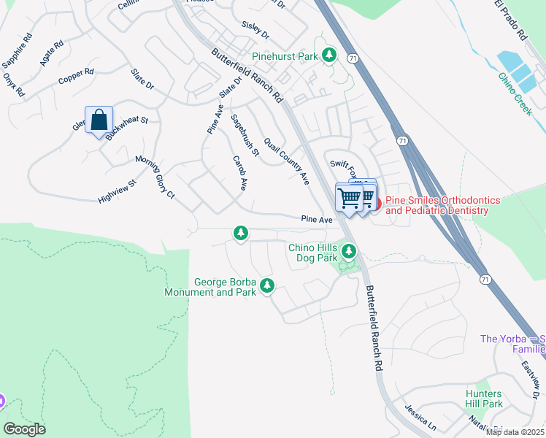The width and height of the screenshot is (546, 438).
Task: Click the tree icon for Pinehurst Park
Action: pyautogui.click(x=329, y=55)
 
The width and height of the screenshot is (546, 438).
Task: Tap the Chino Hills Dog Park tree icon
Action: pyautogui.click(x=350, y=252)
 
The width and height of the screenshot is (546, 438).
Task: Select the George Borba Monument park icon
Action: pyautogui.click(x=267, y=285)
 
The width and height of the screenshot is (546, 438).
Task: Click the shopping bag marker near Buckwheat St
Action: pyautogui.click(x=99, y=120)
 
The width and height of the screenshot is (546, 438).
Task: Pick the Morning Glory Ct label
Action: pyautogui.click(x=155, y=177)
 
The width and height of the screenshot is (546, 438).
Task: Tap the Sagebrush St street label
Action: pyautogui.click(x=245, y=135)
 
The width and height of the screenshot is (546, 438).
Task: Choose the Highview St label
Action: pyautogui.click(x=118, y=193)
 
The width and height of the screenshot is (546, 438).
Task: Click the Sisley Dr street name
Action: pyautogui.click(x=255, y=35)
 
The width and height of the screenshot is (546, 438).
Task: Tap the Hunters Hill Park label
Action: pyautogui.click(x=484, y=399)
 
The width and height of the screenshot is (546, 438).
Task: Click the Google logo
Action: pyautogui.click(x=25, y=429)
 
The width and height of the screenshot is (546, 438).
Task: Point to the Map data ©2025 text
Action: pyautogui.click(x=515, y=432)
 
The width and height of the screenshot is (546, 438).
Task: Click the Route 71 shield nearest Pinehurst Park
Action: pyautogui.click(x=353, y=56)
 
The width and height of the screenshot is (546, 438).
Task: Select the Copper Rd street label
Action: pyautogui.click(x=77, y=73)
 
